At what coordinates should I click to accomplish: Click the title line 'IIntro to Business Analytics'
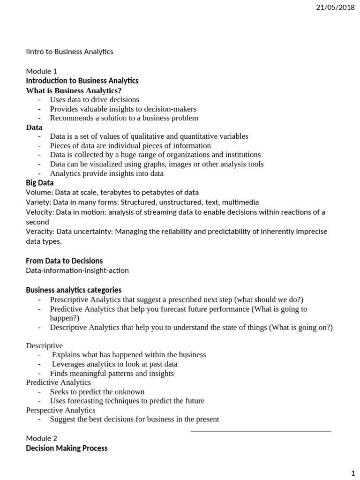tap(69, 52)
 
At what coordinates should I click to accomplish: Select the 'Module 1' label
tap(41, 71)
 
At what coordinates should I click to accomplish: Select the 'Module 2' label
tap(41, 438)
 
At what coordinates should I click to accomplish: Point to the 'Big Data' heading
tap(40, 183)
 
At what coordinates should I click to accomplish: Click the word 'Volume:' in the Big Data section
tap(39, 192)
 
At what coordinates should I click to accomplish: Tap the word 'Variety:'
tap(39, 202)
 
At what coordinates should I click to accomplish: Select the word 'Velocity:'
tap(40, 212)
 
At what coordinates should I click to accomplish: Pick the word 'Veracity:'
tap(41, 232)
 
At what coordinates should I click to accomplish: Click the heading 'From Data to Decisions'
tap(64, 261)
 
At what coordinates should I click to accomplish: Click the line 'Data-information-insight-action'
tap(77, 270)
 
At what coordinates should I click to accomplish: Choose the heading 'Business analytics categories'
tap(74, 290)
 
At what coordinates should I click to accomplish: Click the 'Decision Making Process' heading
tap(67, 448)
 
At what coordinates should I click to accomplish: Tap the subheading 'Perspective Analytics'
tap(60, 410)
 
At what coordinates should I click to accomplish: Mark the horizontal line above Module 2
tap(261, 431)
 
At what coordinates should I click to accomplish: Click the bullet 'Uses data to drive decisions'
tap(95, 99)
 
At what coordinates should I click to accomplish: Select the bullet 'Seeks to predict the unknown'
tap(97, 391)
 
